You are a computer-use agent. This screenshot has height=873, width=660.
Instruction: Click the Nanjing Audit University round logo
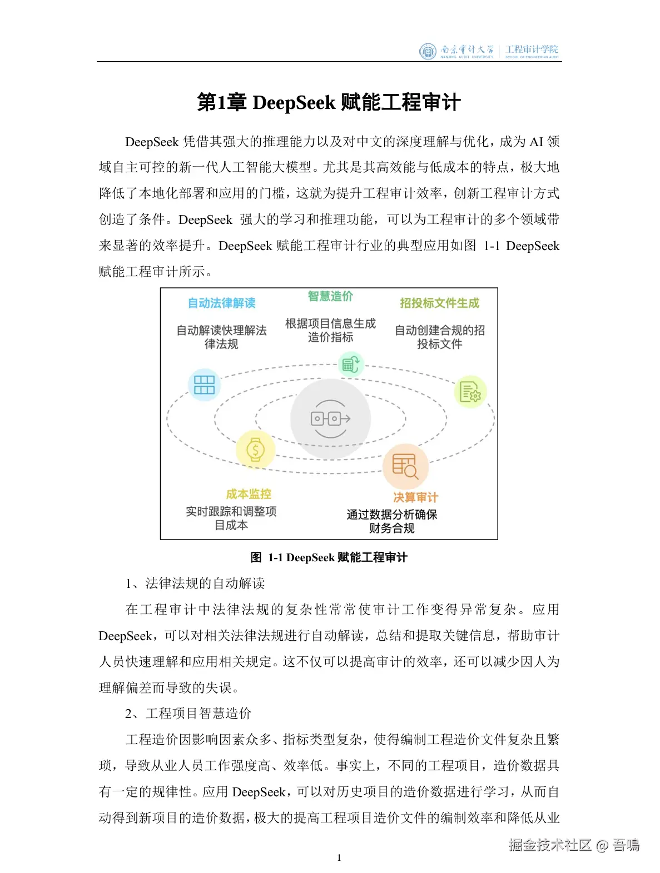pyautogui.click(x=428, y=51)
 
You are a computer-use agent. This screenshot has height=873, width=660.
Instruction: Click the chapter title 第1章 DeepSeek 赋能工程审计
pyautogui.click(x=329, y=103)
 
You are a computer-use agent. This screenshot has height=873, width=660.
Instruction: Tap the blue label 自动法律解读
pyautogui.click(x=221, y=303)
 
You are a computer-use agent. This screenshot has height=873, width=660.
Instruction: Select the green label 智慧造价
pyautogui.click(x=330, y=296)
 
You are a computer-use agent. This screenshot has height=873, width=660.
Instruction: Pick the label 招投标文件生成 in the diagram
pyautogui.click(x=439, y=303)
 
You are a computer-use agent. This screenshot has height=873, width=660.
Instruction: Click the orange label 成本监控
pyautogui.click(x=249, y=494)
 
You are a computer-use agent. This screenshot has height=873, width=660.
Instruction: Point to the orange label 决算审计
pyautogui.click(x=415, y=497)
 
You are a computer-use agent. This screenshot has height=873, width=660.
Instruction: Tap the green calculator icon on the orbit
pyautogui.click(x=351, y=365)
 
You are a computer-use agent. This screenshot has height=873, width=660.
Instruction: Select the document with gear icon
pyautogui.click(x=470, y=392)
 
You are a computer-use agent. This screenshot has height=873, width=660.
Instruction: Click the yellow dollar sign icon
pyautogui.click(x=255, y=449)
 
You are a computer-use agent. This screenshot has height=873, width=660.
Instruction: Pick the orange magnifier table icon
pyautogui.click(x=405, y=466)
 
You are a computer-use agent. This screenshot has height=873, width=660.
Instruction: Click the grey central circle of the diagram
pyautogui.click(x=330, y=418)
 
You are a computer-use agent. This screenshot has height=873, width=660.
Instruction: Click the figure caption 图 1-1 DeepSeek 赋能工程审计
pyautogui.click(x=329, y=557)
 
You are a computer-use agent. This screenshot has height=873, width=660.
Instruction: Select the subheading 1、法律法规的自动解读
pyautogui.click(x=195, y=583)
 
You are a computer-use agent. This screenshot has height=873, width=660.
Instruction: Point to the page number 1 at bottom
pyautogui.click(x=339, y=857)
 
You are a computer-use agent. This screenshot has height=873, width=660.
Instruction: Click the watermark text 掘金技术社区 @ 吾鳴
pyautogui.click(x=574, y=845)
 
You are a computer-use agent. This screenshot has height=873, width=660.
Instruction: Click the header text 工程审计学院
pyautogui.click(x=532, y=50)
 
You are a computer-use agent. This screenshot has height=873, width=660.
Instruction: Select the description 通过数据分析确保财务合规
pyautogui.click(x=392, y=521)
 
